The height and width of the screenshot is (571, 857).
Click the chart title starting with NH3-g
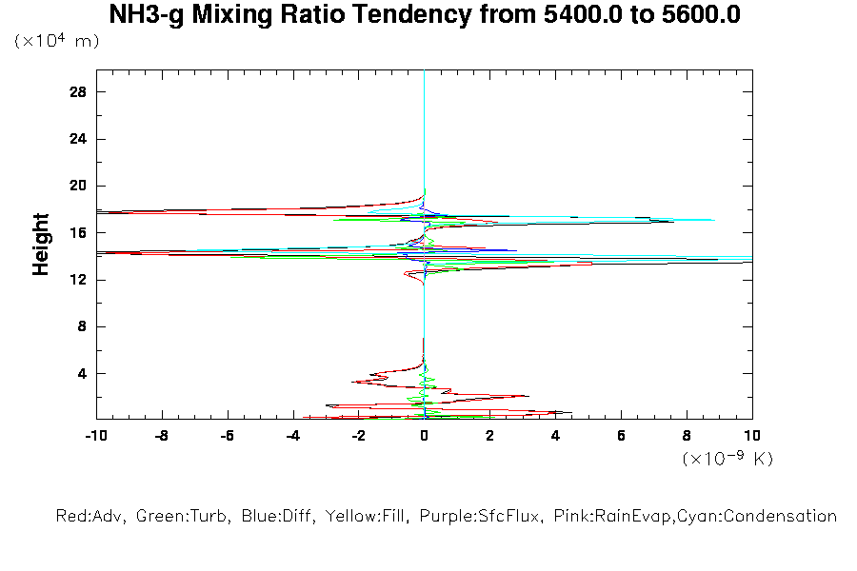pos(425,15)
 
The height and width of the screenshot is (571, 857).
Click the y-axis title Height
pos(41,245)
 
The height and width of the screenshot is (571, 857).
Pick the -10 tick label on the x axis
pos(95,435)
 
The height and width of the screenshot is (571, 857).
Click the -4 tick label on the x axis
pos(292,435)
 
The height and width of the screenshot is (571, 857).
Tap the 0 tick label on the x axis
pos(424,435)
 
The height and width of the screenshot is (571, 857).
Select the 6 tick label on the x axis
pos(621,435)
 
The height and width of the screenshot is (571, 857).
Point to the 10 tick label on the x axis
pos(752,435)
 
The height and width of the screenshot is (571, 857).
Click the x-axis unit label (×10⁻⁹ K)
pos(727,459)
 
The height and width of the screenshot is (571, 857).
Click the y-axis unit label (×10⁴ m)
pos(56,42)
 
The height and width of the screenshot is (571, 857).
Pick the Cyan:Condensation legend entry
pos(761,517)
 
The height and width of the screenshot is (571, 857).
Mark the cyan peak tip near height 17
pos(713,220)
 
